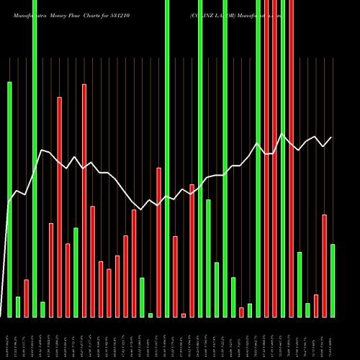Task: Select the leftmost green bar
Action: pos(9,199)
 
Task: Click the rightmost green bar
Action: pos(332,281)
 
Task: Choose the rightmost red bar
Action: pos(324,266)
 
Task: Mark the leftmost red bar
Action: pos(26,298)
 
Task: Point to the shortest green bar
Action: pos(150,315)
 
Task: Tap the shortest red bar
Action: pos(184,315)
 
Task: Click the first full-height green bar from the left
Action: pos(35,158)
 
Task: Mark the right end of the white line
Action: pos(332,137)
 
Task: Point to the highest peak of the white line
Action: pos(282,134)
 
